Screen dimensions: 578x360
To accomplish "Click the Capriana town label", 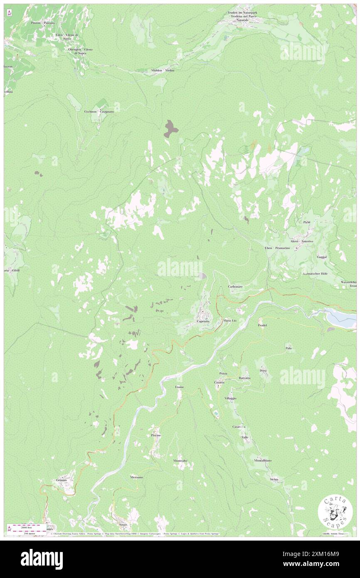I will pos(204,321).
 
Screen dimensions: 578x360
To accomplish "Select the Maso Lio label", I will pos(230,321).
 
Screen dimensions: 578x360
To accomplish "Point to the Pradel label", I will pos(261,325).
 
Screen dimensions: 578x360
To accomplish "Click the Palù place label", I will pos(288,348).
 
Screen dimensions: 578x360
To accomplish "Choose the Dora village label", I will pos(263,370).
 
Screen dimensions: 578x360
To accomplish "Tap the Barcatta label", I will pos(245,378).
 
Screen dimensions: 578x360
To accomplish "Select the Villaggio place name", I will pos(231,398).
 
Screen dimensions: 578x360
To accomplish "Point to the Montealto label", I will pos(180,461).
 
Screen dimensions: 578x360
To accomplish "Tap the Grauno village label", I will pos(62,480).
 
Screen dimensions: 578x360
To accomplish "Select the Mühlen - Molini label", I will pos(163,70).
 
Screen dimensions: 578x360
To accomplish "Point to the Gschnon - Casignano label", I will pos(99,111).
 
